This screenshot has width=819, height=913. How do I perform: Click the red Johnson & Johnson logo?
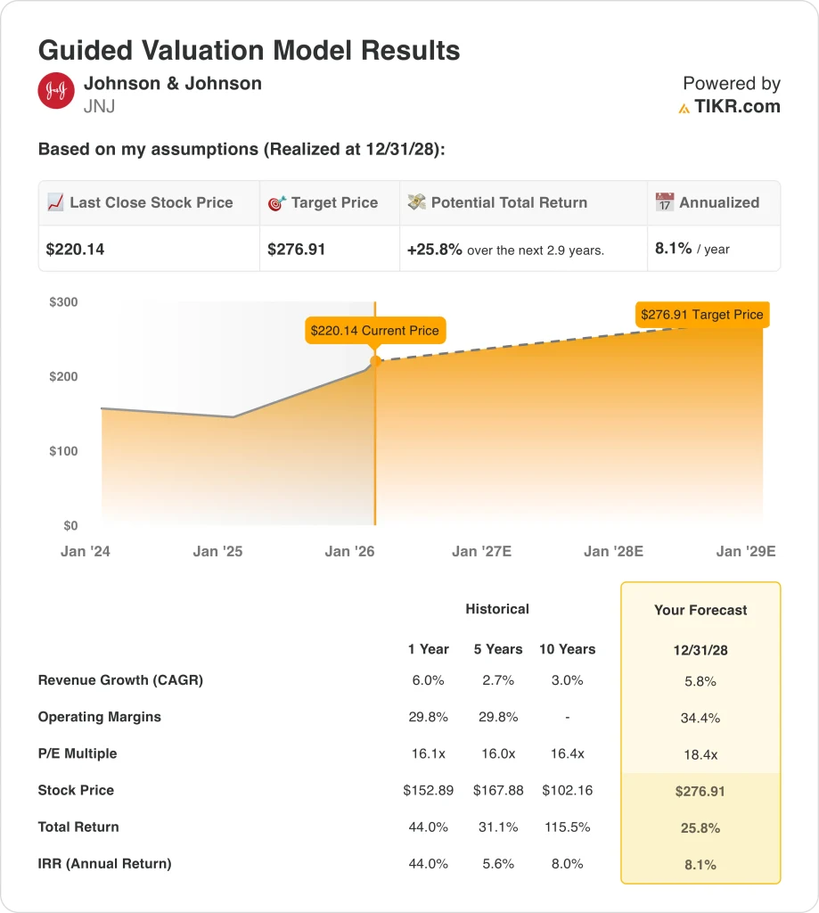coord(56,91)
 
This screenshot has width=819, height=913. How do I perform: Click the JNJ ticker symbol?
coord(99,107)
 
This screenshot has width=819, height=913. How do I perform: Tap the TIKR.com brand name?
coord(737,107)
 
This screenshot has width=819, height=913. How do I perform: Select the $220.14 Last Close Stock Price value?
coord(76,250)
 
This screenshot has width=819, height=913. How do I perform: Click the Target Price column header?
coord(334,203)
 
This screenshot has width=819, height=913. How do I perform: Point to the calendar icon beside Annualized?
coord(665,203)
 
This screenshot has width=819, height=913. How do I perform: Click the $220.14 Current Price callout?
coord(374,331)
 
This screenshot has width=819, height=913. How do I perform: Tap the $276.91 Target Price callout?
coord(701,315)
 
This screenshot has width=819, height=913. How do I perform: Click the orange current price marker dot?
coord(375,361)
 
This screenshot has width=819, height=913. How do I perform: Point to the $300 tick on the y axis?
coord(63,302)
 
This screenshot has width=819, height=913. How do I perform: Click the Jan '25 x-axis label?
coord(217,551)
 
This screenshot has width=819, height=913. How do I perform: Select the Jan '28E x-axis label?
coord(613,551)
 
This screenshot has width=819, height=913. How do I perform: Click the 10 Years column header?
coord(567,649)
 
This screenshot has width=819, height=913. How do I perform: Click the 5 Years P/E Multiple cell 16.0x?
coord(495,753)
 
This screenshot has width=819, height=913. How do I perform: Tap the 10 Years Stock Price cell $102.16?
coord(567,790)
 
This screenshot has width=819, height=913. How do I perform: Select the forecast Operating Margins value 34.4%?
coord(700,718)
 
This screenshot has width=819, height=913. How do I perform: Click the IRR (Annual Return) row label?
coord(104,863)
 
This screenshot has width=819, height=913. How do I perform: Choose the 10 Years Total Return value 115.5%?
coord(567,827)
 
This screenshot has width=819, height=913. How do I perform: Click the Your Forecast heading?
coord(700,611)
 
